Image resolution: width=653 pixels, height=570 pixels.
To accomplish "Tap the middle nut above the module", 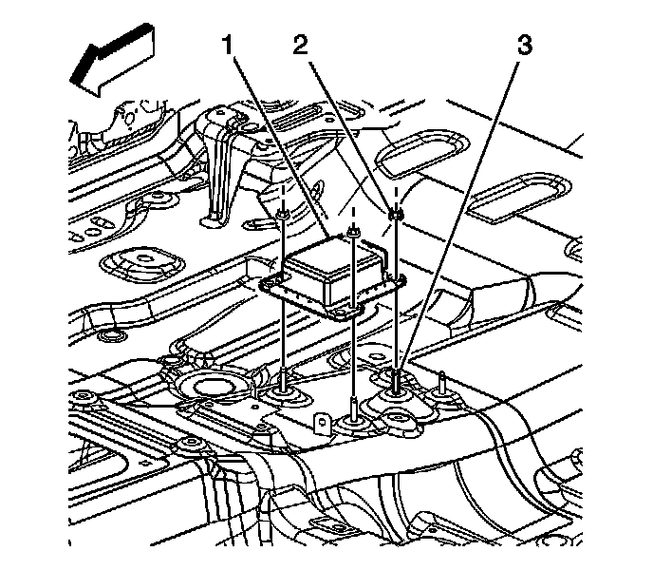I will tap(353, 231).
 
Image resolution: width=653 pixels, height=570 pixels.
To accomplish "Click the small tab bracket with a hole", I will tap(322, 419).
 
